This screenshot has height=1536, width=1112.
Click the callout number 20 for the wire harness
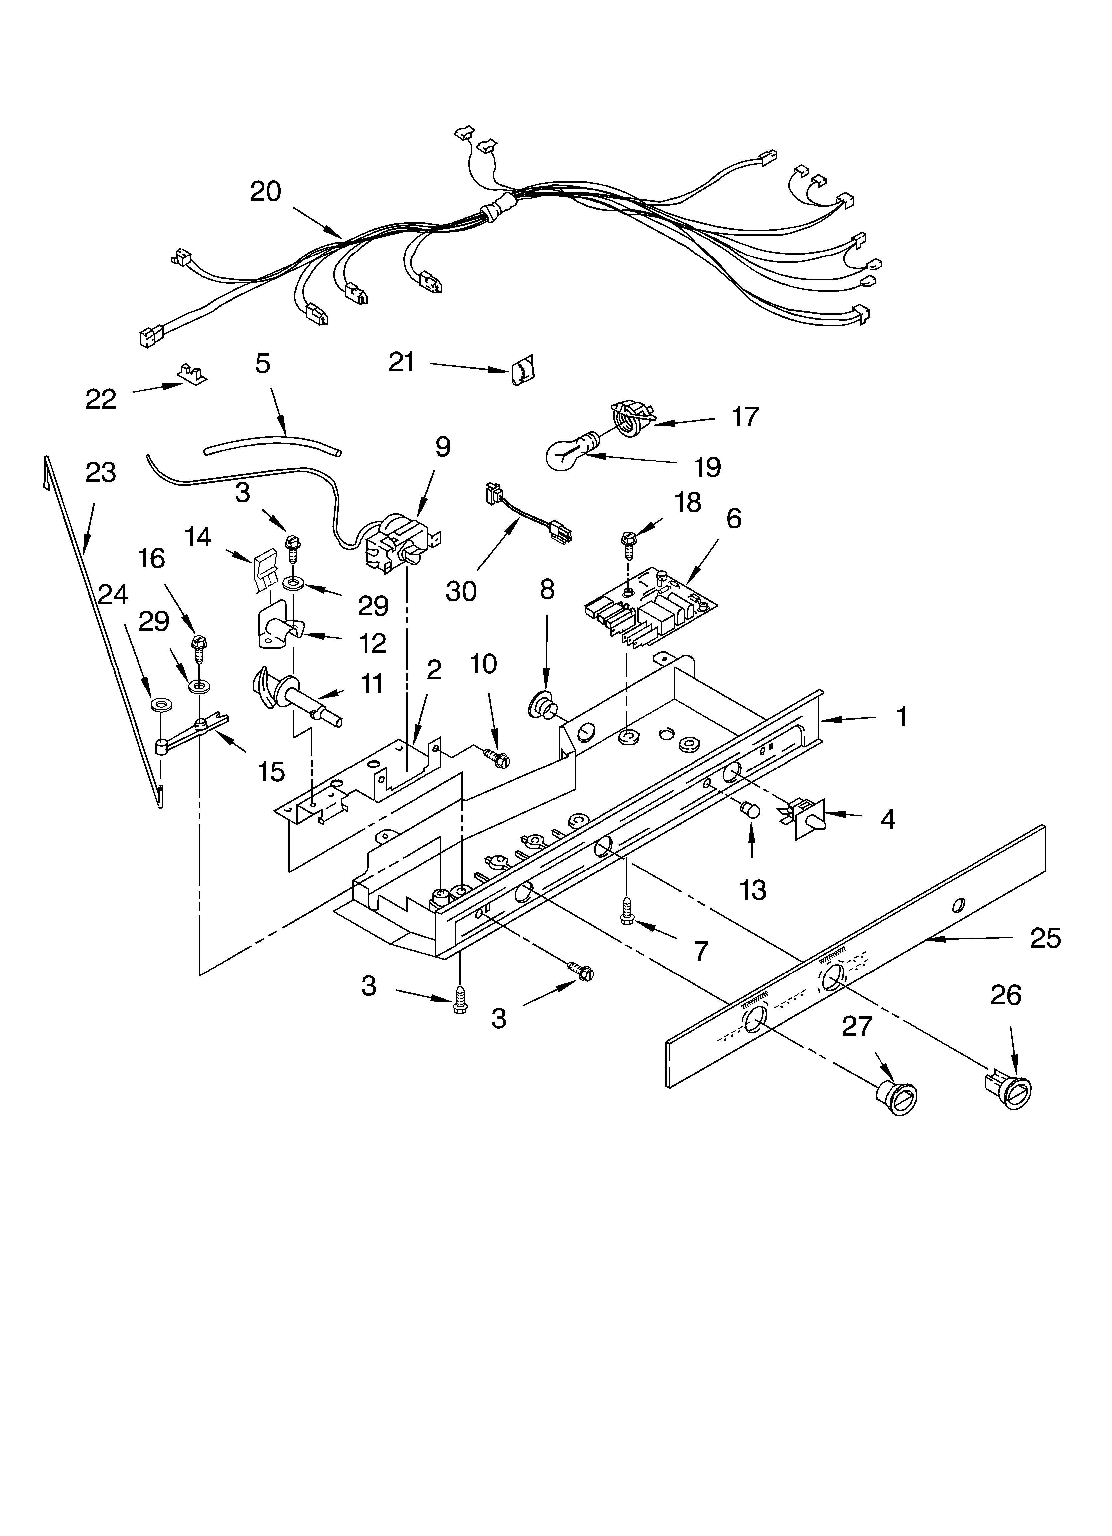pyautogui.click(x=265, y=192)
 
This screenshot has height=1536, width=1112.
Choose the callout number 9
pyautogui.click(x=442, y=447)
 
